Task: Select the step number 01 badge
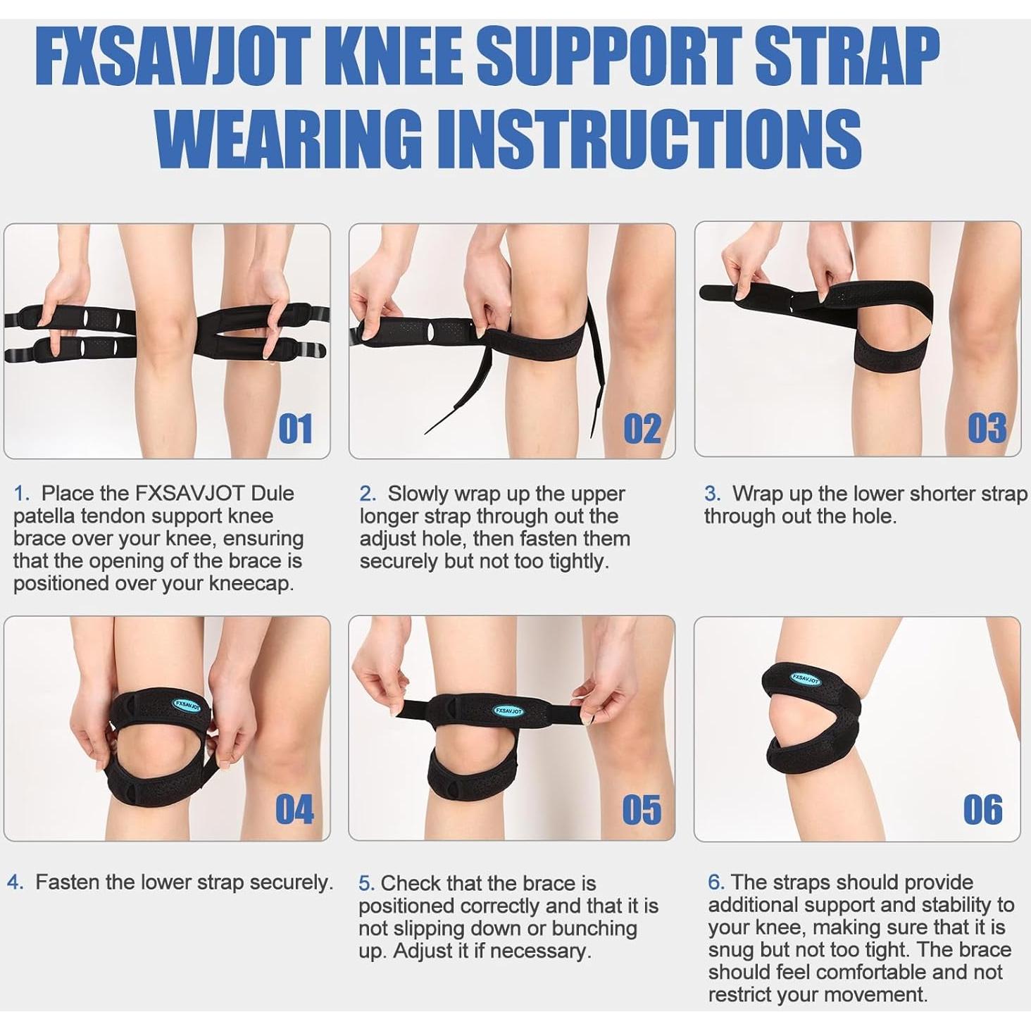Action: coord(295,428)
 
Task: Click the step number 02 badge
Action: coord(642,428)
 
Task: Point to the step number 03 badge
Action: coord(987,428)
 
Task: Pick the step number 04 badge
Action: coord(294,809)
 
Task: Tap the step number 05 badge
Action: coord(642,810)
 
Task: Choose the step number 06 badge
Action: coord(983,810)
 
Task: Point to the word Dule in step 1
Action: coord(272,493)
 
